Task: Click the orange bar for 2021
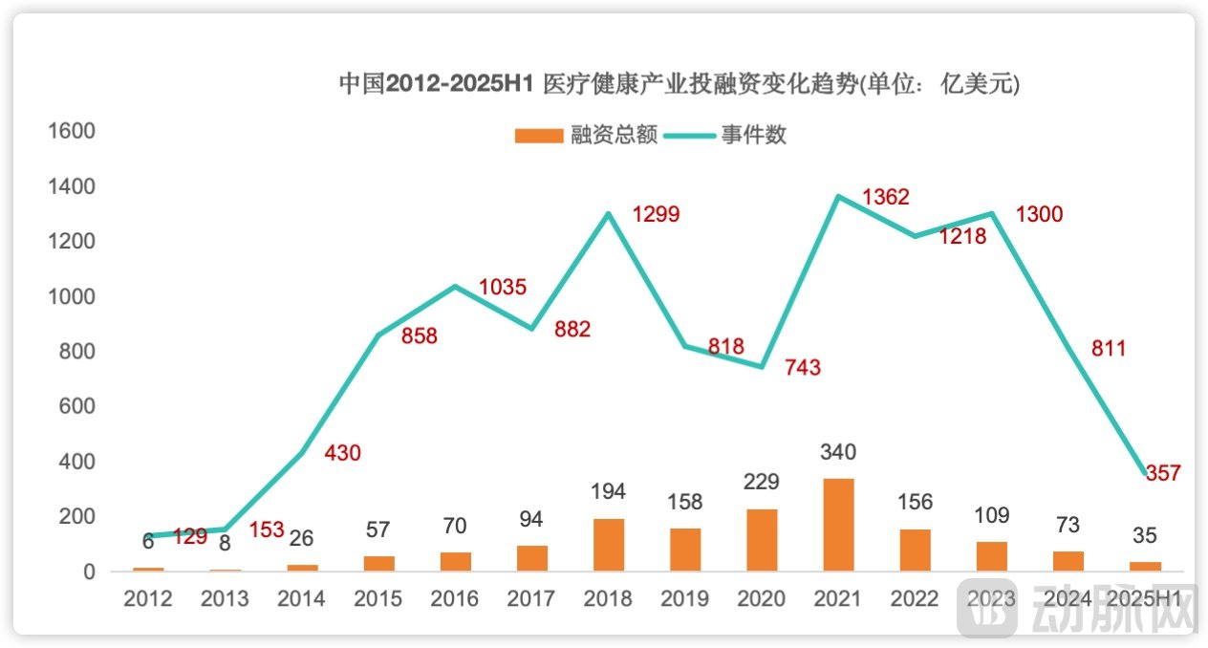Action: (x=838, y=525)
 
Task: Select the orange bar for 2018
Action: (x=609, y=545)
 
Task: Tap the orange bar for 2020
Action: (x=762, y=540)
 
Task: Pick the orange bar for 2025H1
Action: (x=1145, y=566)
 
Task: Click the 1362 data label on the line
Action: (x=885, y=198)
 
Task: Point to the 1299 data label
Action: (x=656, y=214)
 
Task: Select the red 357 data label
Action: (x=1163, y=472)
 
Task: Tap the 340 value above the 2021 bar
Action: (x=838, y=451)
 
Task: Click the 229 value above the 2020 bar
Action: (x=762, y=481)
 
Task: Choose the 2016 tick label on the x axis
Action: (x=455, y=599)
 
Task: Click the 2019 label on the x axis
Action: (x=684, y=599)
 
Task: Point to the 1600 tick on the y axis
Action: (x=72, y=131)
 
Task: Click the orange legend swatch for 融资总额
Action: (x=538, y=136)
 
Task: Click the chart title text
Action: (x=679, y=84)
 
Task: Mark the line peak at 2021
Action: (x=838, y=197)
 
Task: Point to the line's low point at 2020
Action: (x=762, y=367)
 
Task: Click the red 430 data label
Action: (x=342, y=453)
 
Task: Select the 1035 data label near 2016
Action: (x=503, y=287)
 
